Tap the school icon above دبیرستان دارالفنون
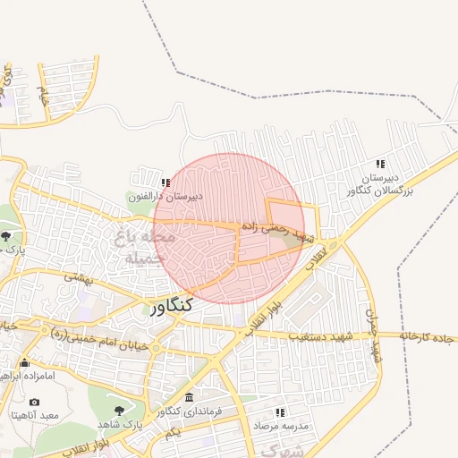[165, 182]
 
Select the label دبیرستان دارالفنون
[165, 195]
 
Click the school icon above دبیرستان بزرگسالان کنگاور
[380, 164]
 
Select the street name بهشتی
[79, 278]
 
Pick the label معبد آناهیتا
[34, 415]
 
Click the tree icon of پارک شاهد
[121, 410]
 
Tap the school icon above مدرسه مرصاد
[280, 412]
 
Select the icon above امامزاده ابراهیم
[23, 363]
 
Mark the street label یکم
[173, 431]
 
